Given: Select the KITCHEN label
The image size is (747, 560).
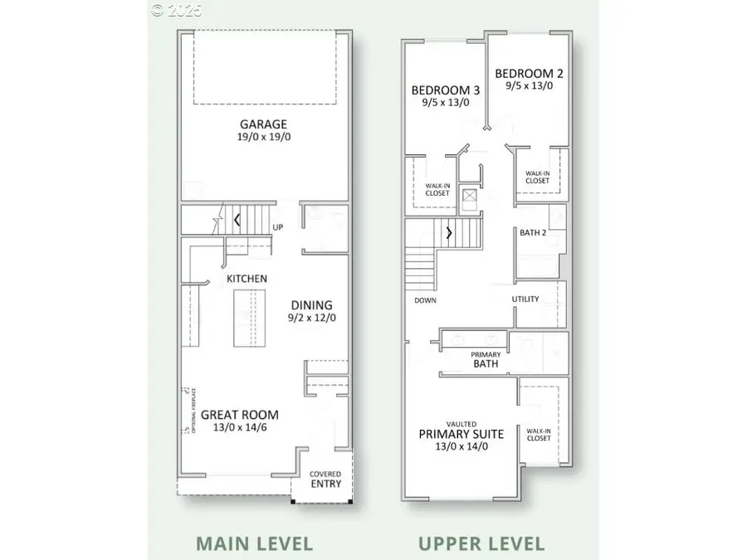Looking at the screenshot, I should tap(247, 279).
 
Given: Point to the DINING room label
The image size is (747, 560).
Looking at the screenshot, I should tap(311, 304).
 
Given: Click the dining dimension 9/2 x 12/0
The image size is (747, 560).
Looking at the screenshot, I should tap(311, 318).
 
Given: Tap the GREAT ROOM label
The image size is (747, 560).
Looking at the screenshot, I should tap(240, 415).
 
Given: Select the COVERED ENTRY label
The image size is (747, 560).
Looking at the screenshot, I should tap(325, 479).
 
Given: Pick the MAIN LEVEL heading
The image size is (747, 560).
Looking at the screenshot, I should tap(254, 544).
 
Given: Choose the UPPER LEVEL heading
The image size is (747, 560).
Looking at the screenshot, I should tap(481, 544).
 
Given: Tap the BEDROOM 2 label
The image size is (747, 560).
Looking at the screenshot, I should tap(530, 73).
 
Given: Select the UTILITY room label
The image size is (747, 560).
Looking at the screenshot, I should tap(525, 299).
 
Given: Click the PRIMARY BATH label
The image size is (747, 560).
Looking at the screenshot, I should tap(486, 360).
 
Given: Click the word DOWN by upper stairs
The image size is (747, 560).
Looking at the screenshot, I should tap(425, 300).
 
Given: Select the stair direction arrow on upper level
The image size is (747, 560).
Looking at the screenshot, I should tap(449, 232).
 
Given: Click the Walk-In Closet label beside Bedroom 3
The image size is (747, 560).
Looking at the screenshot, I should tap(437, 189).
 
